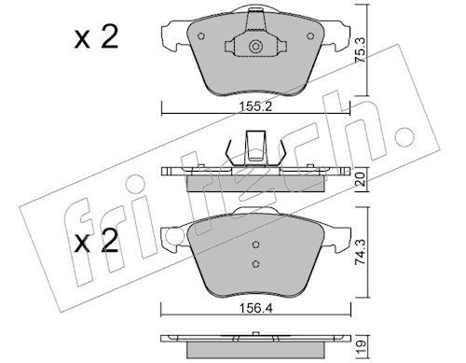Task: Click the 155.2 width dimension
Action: (x=255, y=107)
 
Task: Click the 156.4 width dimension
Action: (x=255, y=308)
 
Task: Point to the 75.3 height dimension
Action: (x=361, y=49)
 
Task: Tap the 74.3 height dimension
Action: (x=361, y=252)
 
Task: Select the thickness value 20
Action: (x=361, y=179)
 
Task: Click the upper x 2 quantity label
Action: (x=97, y=37)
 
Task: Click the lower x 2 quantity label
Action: (x=97, y=241)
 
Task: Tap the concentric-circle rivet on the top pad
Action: (x=255, y=47)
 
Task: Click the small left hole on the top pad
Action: (x=201, y=36)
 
